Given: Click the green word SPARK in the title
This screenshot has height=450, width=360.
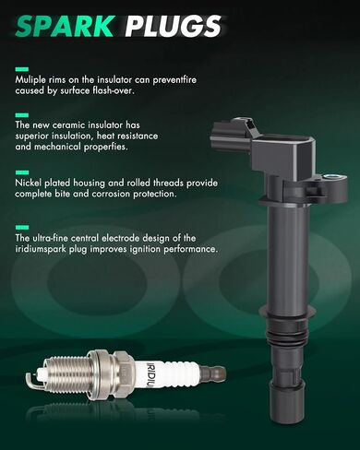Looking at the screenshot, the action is pos(66,26).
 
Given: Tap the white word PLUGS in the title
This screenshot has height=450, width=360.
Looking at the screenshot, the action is pos(174,26).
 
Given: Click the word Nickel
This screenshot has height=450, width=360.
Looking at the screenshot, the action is pos(29,183).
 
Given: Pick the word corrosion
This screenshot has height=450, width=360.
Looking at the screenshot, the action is pos(111,194).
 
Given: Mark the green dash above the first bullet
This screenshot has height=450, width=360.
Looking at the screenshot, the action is pos(22,69).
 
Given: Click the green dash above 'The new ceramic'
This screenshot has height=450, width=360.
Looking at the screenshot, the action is pos(22,115).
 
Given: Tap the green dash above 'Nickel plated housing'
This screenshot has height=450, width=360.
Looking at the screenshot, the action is pos(22,172).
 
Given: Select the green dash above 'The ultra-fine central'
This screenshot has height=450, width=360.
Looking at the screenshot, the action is pos(22,228).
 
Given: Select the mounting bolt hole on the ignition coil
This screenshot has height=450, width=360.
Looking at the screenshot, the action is pos(331,177).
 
